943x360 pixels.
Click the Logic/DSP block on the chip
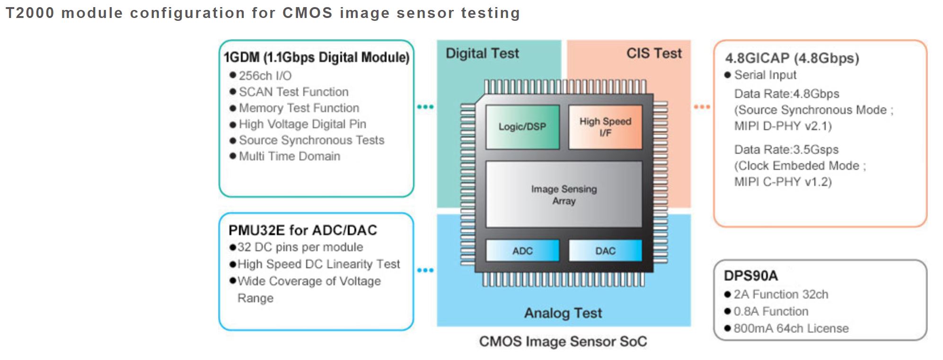click(522, 127)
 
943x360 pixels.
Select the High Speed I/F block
click(605, 127)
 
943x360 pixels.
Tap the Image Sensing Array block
click(564, 194)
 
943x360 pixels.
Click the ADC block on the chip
click(522, 251)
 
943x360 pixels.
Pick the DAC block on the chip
click(605, 251)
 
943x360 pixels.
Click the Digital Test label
click(482, 53)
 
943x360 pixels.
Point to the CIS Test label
click(654, 53)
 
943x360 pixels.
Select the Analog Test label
click(563, 313)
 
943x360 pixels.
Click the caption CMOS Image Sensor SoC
click(563, 342)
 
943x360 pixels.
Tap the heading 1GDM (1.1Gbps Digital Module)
click(316, 58)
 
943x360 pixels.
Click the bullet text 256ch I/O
click(265, 76)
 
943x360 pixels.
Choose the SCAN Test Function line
click(293, 92)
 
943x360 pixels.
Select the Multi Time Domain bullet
click(289, 156)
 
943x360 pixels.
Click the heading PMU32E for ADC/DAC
click(302, 230)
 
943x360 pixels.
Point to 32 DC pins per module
click(300, 247)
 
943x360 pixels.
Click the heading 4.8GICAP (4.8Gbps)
click(792, 58)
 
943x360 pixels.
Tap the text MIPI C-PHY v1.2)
click(783, 182)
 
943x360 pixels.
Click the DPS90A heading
click(750, 276)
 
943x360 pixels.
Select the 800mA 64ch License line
click(791, 328)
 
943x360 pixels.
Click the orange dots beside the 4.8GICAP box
click(702, 107)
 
